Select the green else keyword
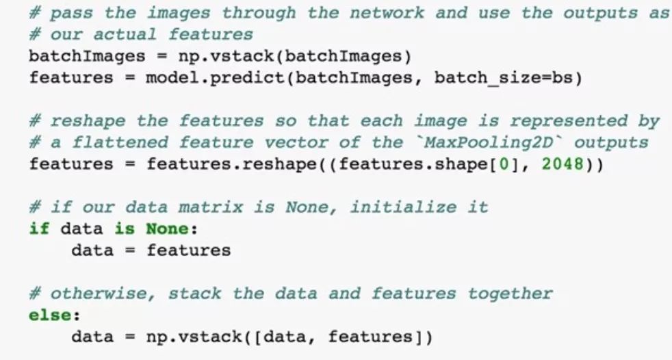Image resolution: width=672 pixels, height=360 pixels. point(50,316)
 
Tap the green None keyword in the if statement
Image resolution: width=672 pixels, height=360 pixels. point(166,229)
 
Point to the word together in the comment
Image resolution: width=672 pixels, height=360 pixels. point(510,294)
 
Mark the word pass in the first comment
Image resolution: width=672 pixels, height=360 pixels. point(72,12)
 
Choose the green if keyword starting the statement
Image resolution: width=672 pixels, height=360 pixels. point(39,229)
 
